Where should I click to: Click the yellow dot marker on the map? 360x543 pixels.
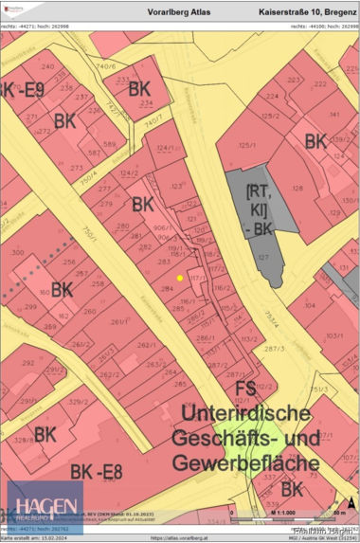click(x=180, y=278)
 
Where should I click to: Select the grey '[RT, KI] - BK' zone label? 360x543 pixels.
click(x=262, y=209)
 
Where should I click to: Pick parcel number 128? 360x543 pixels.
click(x=297, y=188)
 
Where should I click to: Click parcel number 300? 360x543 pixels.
click(x=17, y=253)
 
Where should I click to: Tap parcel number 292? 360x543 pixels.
click(x=27, y=362)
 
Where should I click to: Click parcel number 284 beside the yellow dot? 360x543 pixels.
click(x=167, y=288)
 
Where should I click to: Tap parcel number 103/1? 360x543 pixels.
click(x=333, y=335)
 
